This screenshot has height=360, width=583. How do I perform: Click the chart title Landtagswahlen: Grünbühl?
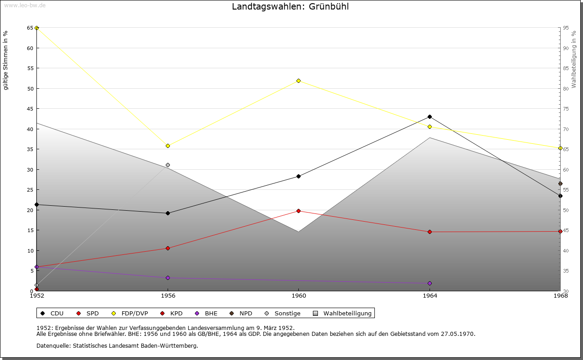291,6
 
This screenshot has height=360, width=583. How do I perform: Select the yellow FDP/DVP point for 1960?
299,81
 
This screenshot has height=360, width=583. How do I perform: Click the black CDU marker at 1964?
430,117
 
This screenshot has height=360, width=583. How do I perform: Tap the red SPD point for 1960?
299,211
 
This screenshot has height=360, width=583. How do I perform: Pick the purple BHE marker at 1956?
168,278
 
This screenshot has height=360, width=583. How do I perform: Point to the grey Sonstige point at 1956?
168,165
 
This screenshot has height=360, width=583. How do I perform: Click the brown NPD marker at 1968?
560,183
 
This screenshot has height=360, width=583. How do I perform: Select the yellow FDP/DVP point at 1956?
168,146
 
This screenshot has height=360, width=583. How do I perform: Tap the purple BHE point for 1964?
430,283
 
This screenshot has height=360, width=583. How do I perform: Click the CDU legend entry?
52,313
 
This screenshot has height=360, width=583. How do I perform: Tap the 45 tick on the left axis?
30,109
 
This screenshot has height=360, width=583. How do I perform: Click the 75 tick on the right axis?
565,109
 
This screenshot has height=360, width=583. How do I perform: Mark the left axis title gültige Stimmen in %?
6,61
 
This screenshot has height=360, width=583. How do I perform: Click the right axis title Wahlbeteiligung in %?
574,59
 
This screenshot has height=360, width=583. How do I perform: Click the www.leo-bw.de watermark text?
25,5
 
